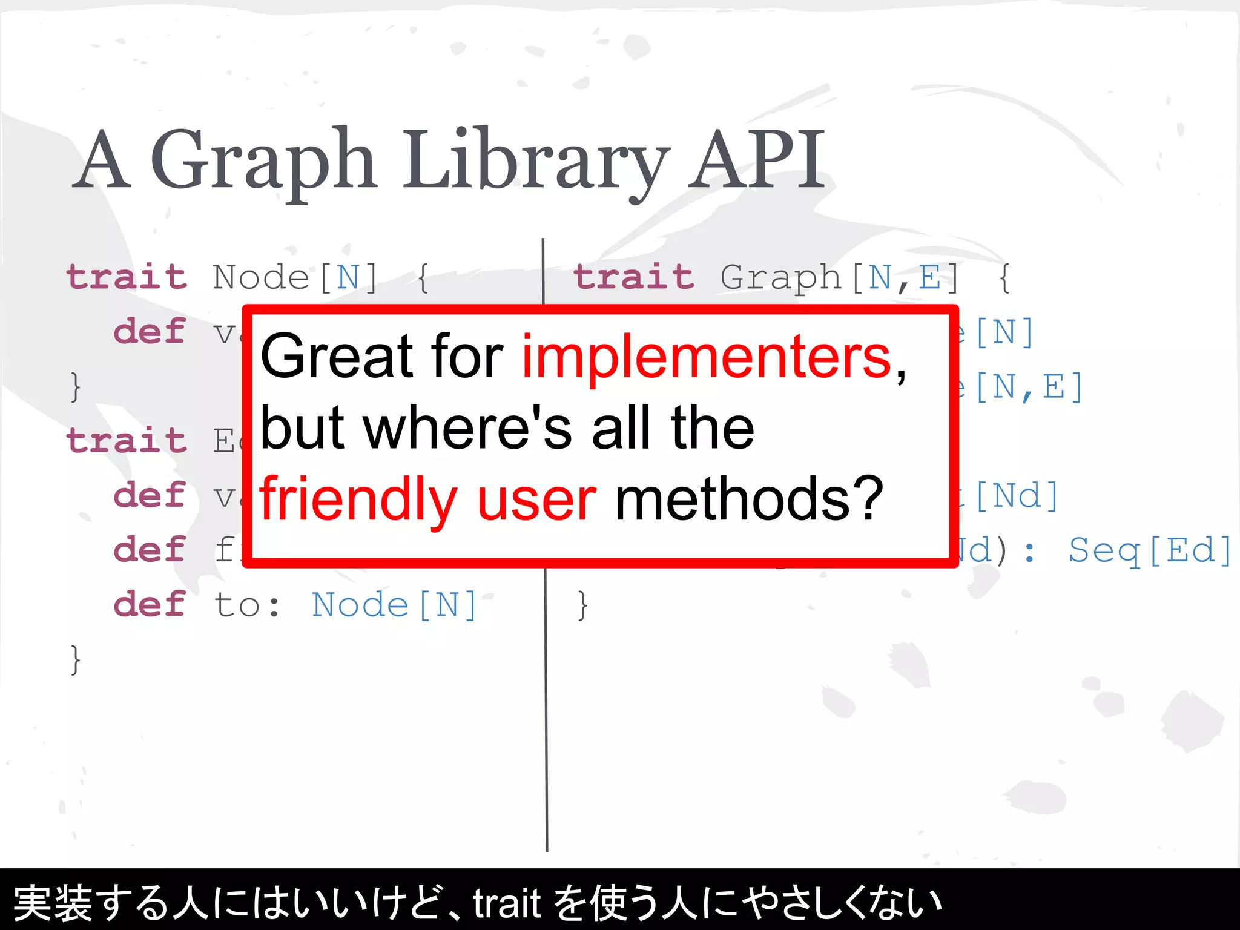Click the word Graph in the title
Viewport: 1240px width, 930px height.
(263, 160)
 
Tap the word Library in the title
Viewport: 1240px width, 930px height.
(536, 160)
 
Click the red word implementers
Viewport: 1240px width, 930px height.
(706, 357)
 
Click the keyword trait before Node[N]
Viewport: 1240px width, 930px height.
(127, 277)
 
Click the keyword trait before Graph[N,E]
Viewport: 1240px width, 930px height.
(634, 277)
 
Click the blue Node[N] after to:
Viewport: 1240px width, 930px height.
(394, 605)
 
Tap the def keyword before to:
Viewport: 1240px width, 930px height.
(149, 604)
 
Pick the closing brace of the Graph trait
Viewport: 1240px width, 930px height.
(582, 605)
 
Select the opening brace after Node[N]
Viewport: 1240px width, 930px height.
(423, 278)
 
